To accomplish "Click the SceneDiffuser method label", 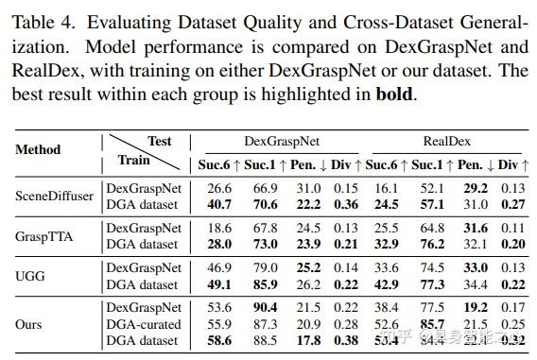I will (54, 196).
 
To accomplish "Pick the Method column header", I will (39, 149).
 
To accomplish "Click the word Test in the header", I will (160, 141).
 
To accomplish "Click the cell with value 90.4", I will (266, 308).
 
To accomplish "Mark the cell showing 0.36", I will (346, 203).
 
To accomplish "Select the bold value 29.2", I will (476, 188).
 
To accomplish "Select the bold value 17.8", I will (307, 340).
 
